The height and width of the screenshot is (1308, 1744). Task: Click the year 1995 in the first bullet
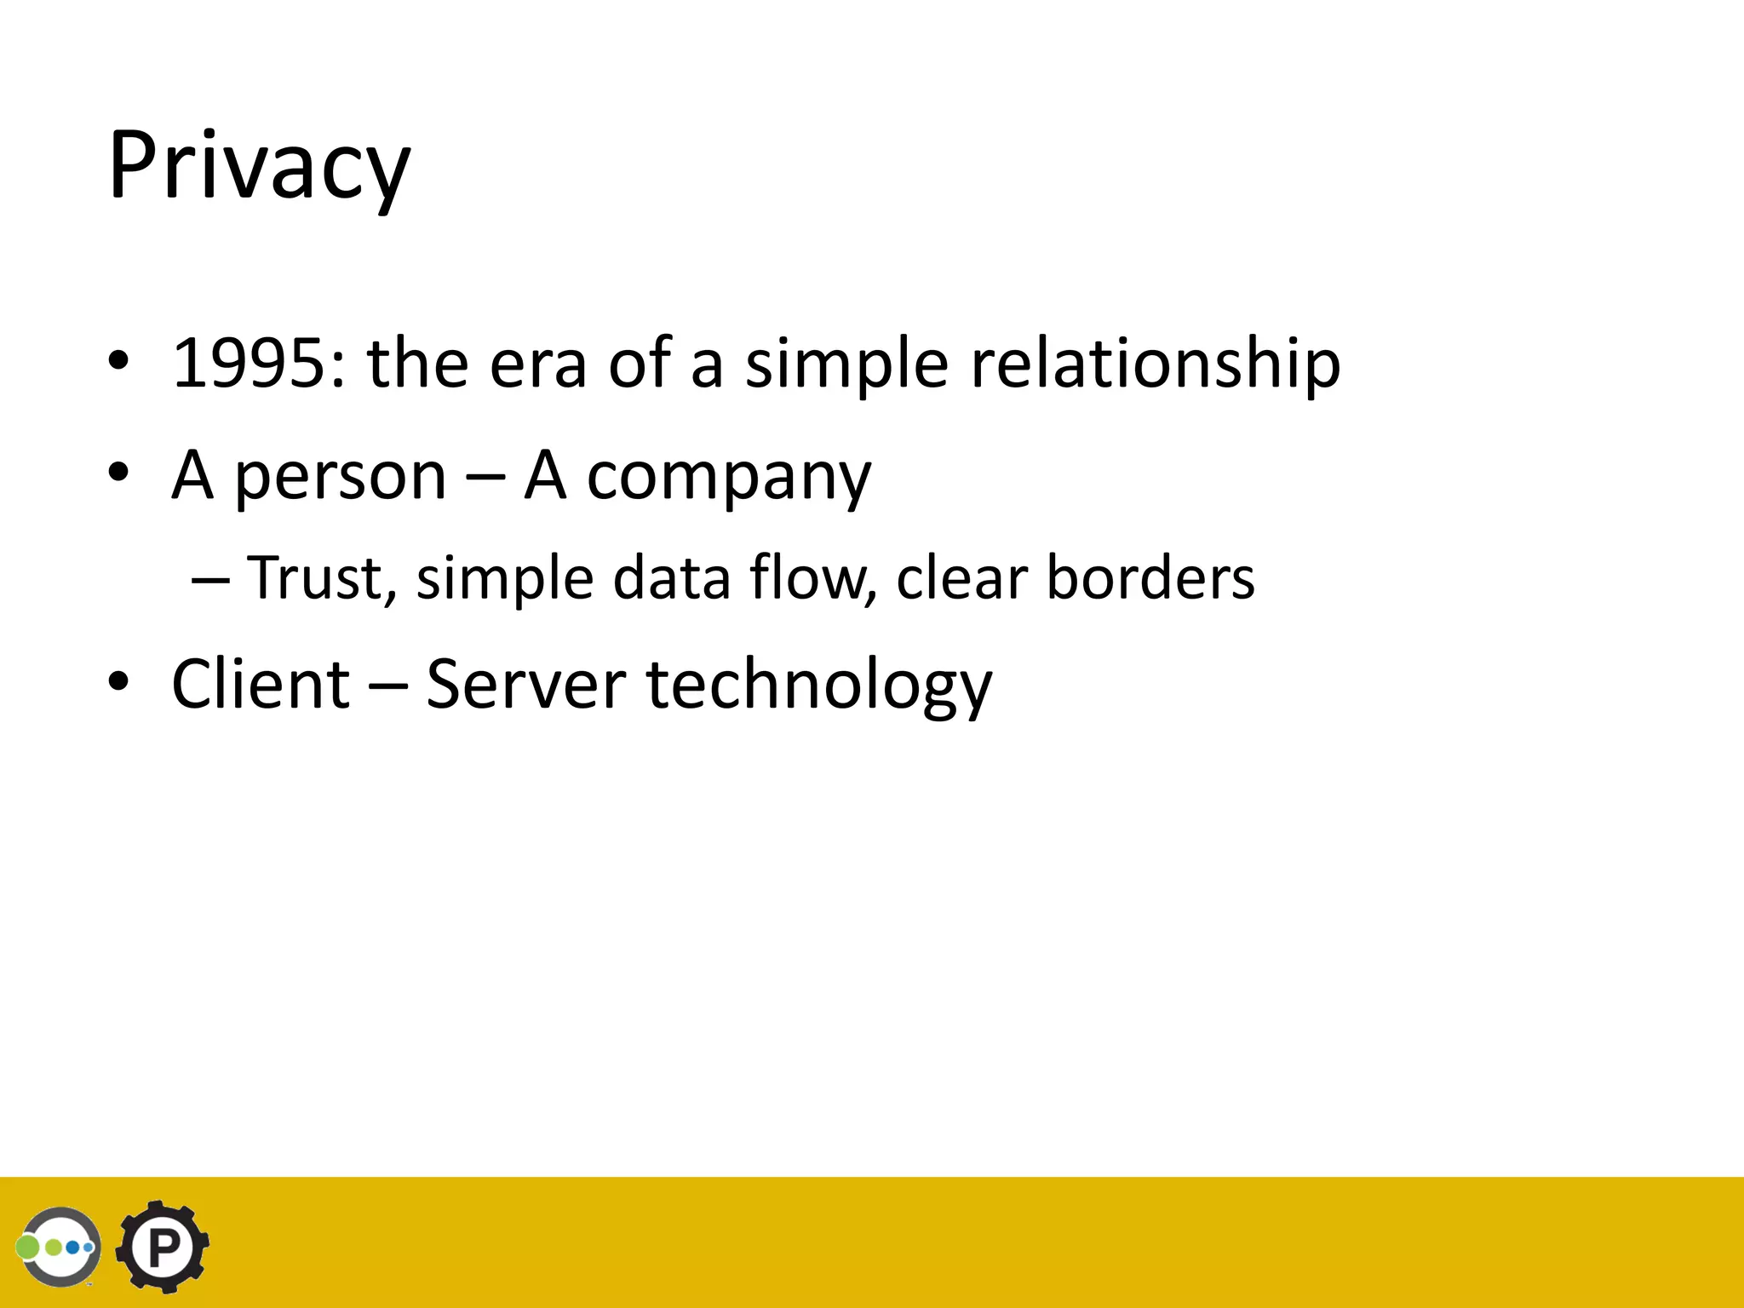click(248, 364)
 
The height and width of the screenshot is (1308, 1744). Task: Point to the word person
click(340, 477)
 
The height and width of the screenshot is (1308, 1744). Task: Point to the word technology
click(819, 686)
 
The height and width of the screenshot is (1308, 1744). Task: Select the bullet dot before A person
click(118, 472)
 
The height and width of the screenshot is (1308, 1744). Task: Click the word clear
click(961, 578)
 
